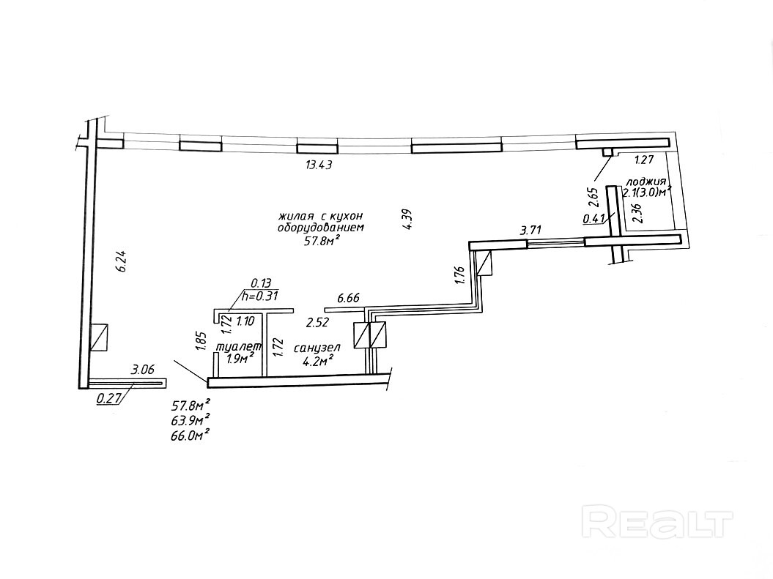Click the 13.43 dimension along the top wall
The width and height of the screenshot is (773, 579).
pos(319,165)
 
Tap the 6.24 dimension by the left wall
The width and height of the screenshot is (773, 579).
pos(122,262)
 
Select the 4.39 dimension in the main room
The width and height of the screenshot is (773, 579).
pos(407,220)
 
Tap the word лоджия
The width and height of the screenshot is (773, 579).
pos(646,182)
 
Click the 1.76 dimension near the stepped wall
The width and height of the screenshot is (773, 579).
pos(459,274)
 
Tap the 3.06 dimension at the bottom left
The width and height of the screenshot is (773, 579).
pos(142,370)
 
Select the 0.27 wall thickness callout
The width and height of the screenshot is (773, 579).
pos(108,399)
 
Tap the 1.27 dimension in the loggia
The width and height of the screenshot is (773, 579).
pos(644,160)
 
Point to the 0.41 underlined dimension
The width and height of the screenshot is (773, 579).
pos(593,218)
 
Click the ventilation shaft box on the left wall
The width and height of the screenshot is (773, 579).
pos(99,337)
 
